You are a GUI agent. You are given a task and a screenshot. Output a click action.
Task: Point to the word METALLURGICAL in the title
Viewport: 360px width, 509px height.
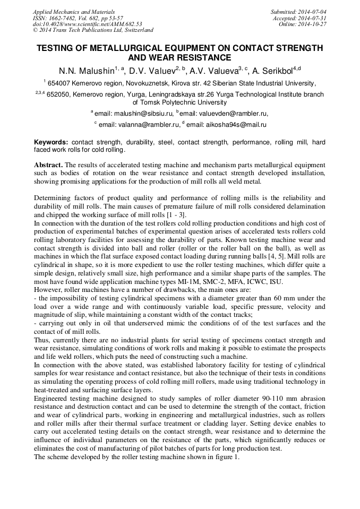121,48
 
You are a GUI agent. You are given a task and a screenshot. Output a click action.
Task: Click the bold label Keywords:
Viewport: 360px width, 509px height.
51,143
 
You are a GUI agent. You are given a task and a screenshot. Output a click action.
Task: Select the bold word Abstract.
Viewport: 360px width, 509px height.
48,165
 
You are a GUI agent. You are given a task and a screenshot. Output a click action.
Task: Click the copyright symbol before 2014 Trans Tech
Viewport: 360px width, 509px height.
35,30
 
